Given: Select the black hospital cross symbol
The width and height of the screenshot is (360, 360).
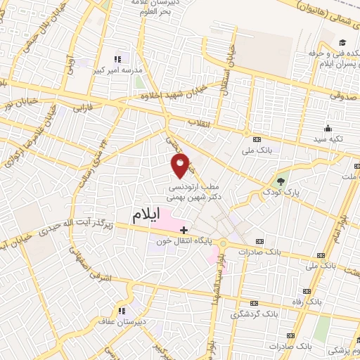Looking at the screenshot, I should tap(184, 229).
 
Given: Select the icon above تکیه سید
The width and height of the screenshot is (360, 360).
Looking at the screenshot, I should tap(328, 128).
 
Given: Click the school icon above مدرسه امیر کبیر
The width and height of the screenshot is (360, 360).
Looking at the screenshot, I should tap(117, 58).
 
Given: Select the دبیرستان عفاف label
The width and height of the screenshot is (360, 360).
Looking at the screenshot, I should tap(121, 322).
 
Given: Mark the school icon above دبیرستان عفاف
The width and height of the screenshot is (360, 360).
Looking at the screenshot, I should tap(121, 311).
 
